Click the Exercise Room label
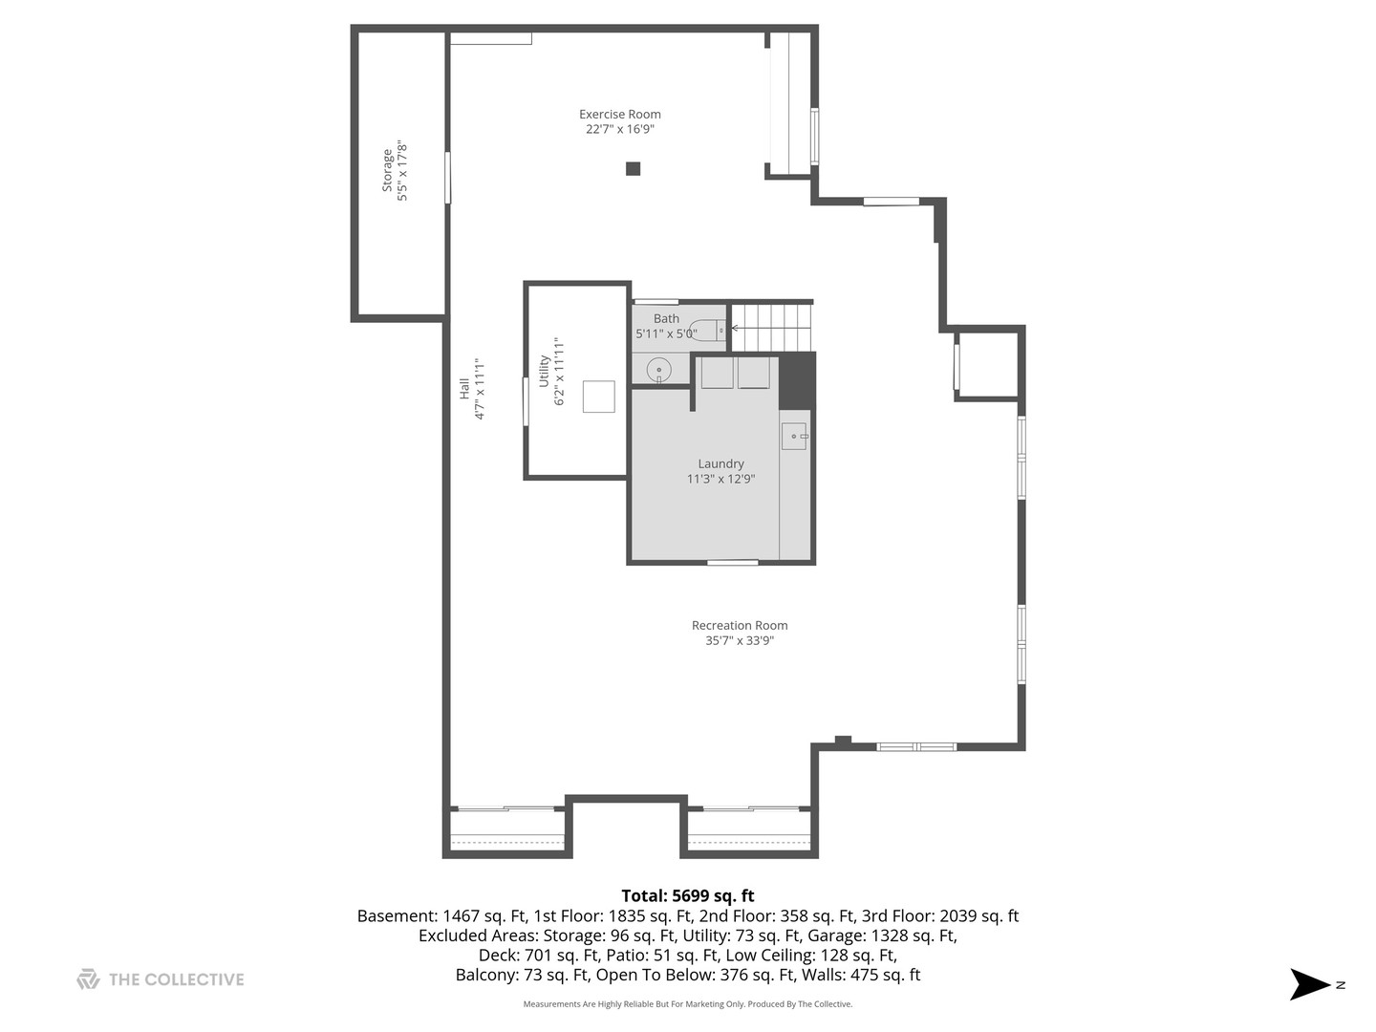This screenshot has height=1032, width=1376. tap(619, 114)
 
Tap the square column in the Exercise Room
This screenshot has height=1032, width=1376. tap(633, 169)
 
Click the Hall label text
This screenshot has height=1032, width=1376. tap(464, 389)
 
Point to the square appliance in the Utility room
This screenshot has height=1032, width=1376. tap(598, 397)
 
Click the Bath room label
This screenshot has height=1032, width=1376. tap(666, 318)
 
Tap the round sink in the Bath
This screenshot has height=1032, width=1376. tap(658, 369)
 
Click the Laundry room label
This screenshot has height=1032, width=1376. tap(720, 463)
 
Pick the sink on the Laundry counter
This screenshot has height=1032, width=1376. tap(794, 437)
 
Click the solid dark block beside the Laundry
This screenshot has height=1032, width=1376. tap(797, 379)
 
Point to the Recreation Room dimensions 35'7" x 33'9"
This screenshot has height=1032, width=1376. tap(740, 641)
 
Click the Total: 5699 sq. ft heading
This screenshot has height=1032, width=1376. tap(687, 895)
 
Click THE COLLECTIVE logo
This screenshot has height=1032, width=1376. tap(161, 979)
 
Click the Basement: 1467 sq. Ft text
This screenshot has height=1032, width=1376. tap(441, 915)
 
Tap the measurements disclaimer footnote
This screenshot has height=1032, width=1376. tap(687, 1004)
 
